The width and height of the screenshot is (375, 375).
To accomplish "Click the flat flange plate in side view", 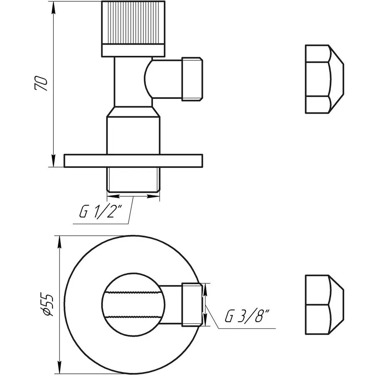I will point(133,161).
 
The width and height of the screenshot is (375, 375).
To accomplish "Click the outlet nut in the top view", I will point(192,305).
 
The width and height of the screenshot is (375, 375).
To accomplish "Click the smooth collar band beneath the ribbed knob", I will point(133,51).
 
